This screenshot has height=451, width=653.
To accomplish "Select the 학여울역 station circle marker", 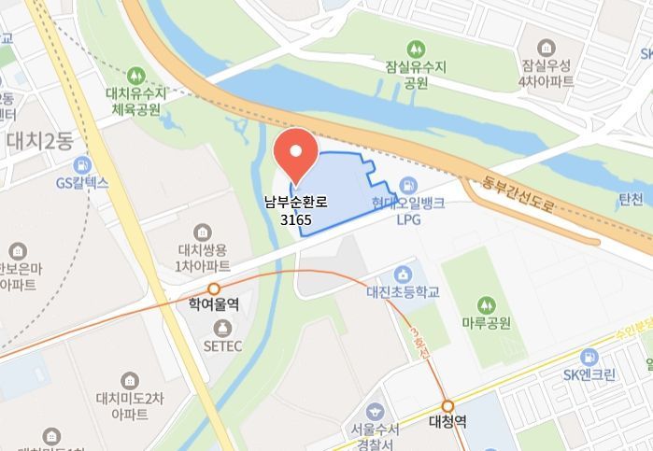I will (x=214, y=289).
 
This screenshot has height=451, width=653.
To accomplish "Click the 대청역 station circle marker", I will (x=448, y=406).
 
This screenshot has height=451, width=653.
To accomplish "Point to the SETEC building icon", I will (x=222, y=328).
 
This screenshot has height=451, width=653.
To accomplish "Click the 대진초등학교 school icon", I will (x=403, y=275).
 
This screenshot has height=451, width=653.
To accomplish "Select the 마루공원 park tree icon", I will (x=486, y=304).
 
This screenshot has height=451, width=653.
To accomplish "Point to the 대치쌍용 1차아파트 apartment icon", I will (x=203, y=232).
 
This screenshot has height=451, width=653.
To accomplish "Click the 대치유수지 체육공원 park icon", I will (x=137, y=74).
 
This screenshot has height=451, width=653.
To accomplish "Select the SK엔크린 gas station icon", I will (x=589, y=358).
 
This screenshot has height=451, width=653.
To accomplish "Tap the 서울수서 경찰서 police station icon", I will (x=376, y=411).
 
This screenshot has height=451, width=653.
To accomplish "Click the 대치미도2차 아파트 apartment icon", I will (x=130, y=380).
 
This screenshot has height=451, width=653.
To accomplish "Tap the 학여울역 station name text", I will (x=214, y=304).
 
